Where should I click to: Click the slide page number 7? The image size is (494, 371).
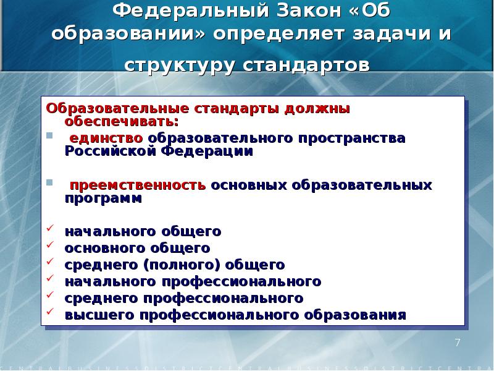[458, 343]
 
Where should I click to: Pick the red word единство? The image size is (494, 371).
[106, 138]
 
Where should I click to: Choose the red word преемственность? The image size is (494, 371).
[137, 185]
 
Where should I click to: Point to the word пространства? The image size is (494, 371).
[353, 138]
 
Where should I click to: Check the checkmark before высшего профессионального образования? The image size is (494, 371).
[51, 314]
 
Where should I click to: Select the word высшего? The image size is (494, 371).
[100, 315]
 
